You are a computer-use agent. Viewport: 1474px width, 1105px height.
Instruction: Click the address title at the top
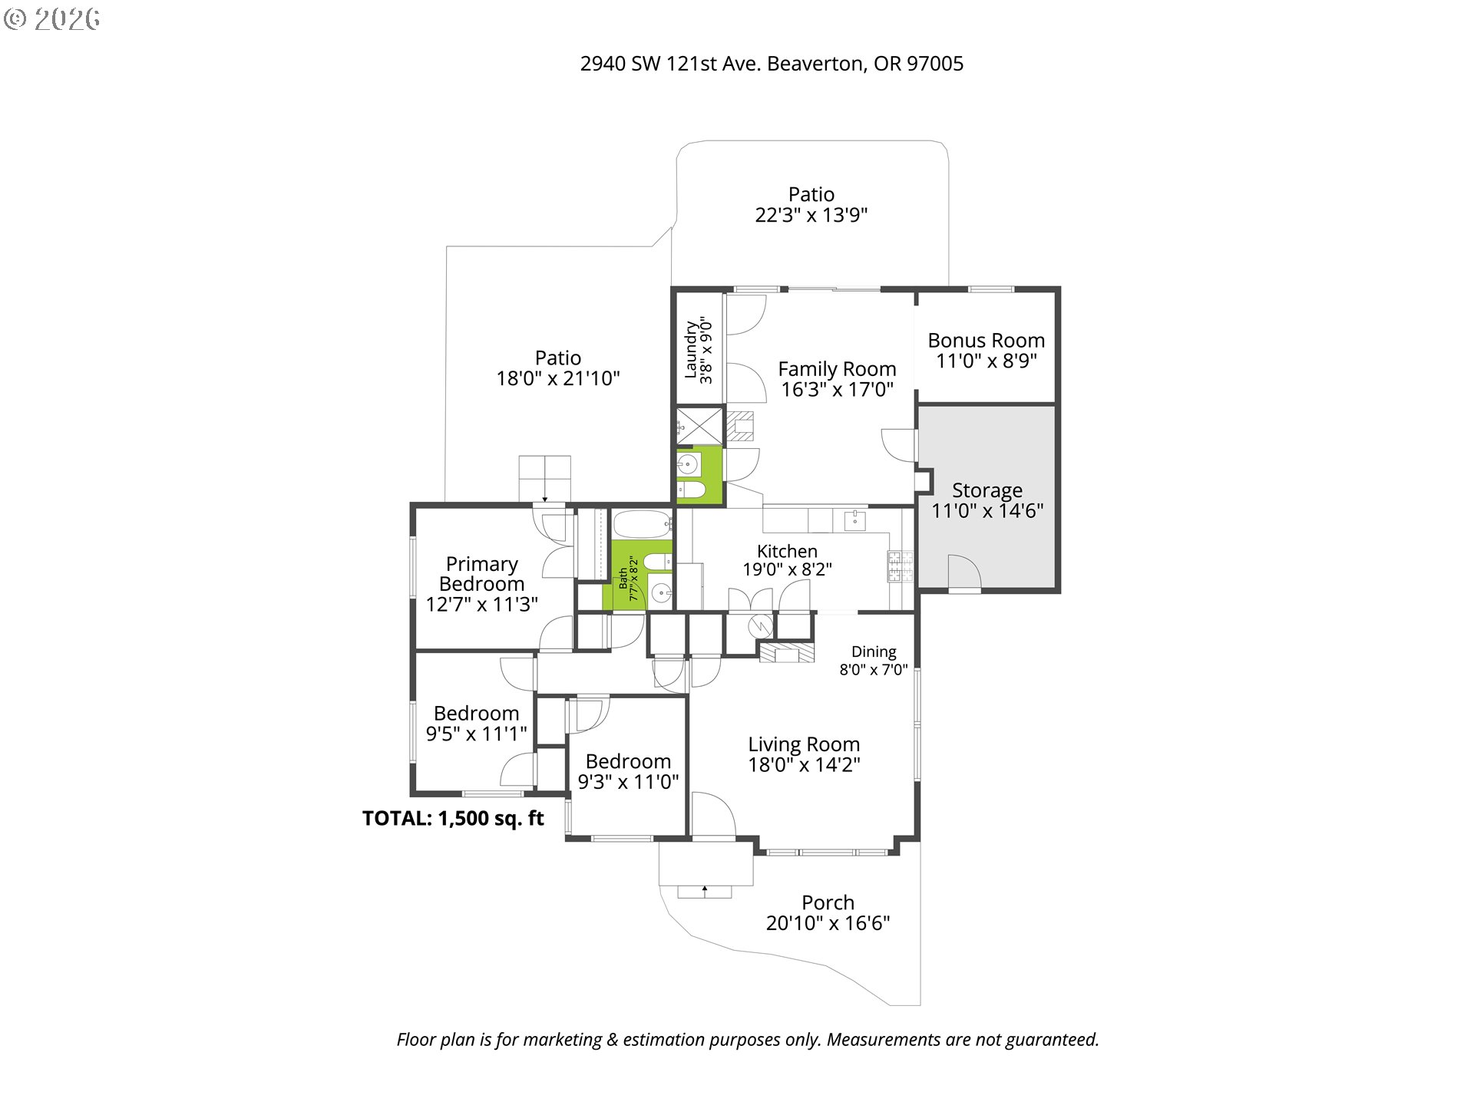[x=772, y=64]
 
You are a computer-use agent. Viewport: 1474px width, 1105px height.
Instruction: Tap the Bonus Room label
[x=986, y=341]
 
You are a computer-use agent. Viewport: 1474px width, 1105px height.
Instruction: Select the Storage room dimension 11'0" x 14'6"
[x=987, y=511]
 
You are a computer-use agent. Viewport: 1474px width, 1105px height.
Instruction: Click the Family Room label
[x=837, y=369]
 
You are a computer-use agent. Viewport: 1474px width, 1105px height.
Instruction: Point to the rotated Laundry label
[x=691, y=349]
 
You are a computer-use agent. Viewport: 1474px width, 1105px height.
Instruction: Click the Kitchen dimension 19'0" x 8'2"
[x=787, y=569]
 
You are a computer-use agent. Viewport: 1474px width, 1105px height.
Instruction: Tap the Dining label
[x=874, y=651]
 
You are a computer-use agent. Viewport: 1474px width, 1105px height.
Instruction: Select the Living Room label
[x=804, y=744]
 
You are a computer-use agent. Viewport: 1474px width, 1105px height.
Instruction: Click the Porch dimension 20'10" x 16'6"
[x=828, y=923]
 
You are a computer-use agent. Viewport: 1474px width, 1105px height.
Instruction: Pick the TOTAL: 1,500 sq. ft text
[x=453, y=818]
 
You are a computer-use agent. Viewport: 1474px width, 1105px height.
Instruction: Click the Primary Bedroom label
[x=481, y=574]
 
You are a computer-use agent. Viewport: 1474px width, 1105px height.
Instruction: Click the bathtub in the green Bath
[x=642, y=525]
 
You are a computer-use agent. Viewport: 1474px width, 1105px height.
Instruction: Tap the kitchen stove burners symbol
[x=901, y=566]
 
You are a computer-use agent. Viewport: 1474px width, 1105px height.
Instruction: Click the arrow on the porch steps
[x=705, y=890]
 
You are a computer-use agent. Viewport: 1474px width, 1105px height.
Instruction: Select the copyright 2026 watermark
[x=51, y=19]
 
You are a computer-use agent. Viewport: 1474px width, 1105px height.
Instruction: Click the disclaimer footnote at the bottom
[x=748, y=1040]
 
